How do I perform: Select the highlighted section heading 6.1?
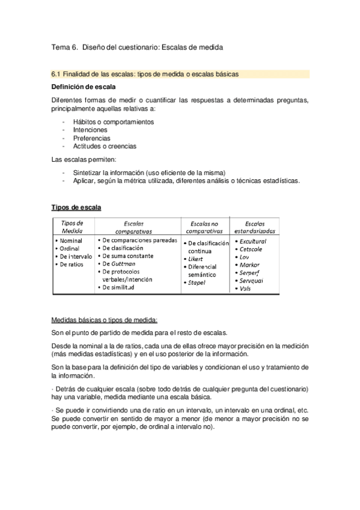(x=145, y=75)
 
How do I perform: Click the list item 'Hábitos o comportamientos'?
(x=113, y=121)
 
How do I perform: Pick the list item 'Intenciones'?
(x=91, y=129)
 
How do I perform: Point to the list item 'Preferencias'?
(x=92, y=138)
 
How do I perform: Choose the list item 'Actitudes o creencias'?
(x=105, y=146)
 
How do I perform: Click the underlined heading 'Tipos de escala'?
(x=76, y=208)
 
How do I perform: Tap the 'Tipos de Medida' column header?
(x=72, y=226)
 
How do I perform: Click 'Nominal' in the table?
(x=72, y=240)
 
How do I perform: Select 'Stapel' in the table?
(x=197, y=282)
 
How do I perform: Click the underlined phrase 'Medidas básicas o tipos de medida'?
(x=105, y=320)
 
